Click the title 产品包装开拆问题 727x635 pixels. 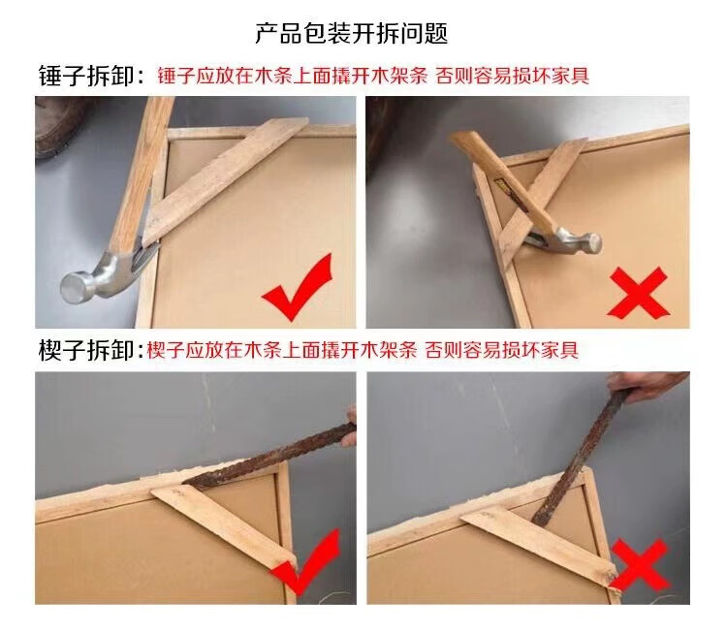coord(351,33)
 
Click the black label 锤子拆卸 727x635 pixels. coord(85,76)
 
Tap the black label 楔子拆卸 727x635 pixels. coord(85,350)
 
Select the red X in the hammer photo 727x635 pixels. coord(638,293)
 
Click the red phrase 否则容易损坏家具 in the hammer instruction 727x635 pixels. coord(513,76)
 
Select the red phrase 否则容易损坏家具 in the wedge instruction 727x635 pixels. coord(502,350)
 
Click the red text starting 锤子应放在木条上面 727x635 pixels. coord(292,76)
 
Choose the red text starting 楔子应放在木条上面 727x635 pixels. coord(281,350)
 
